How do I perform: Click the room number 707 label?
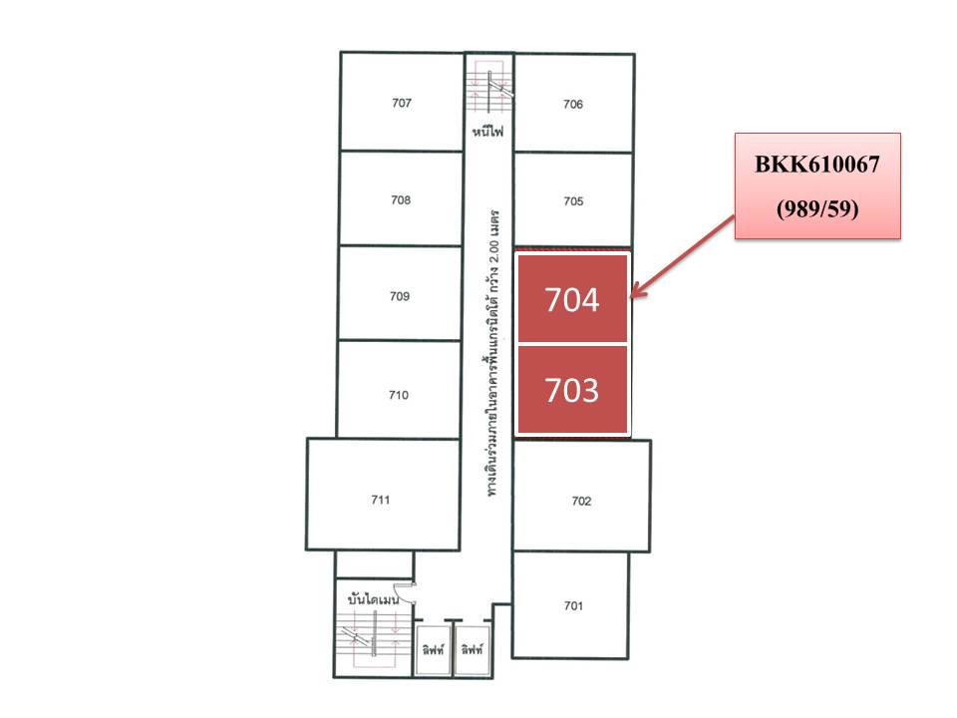pos(402,103)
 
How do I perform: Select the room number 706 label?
pos(573,105)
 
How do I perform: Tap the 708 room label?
pos(401,200)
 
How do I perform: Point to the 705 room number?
pos(574,201)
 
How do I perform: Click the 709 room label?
pos(400,297)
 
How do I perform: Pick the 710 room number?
pos(399,395)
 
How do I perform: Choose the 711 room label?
pos(380,500)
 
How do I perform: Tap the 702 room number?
pos(581,502)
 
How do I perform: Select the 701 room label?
pos(574,605)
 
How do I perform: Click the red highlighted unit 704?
pos(572,298)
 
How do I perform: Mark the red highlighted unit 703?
pos(572,390)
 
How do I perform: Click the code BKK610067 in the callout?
pos(817,165)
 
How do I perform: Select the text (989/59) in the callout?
pos(817,208)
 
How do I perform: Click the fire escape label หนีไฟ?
pos(488,131)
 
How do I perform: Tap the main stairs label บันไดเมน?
pos(373,599)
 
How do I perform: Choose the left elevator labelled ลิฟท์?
pos(434,649)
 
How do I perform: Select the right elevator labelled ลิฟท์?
pos(473,649)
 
